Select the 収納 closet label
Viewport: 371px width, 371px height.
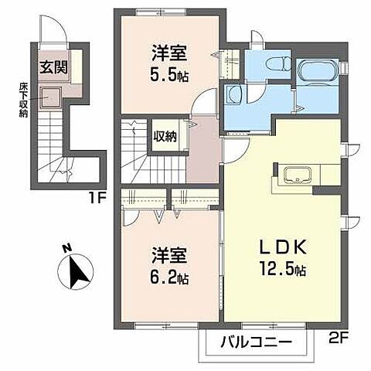click(165, 137)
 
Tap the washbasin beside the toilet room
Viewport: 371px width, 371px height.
click(233, 96)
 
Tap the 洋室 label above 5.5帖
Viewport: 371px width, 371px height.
click(170, 55)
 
